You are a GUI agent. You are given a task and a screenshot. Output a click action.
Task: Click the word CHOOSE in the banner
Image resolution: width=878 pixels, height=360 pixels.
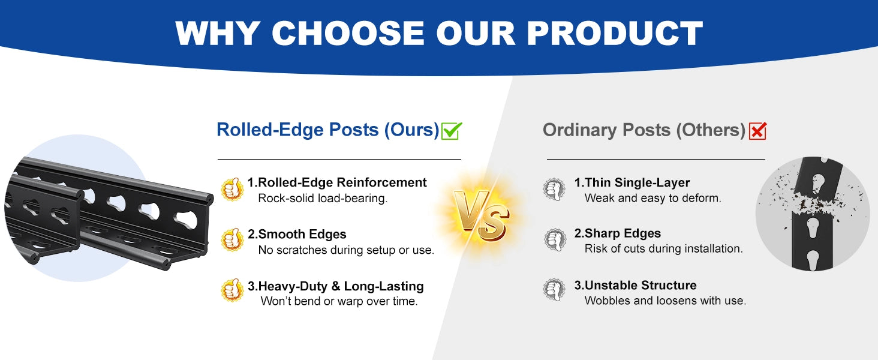(348, 33)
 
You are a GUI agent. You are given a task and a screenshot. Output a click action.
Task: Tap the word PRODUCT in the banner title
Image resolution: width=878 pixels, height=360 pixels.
(615, 33)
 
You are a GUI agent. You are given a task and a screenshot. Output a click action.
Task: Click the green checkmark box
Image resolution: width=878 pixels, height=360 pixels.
(452, 131)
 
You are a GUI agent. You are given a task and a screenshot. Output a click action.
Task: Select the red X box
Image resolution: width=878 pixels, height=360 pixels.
(757, 131)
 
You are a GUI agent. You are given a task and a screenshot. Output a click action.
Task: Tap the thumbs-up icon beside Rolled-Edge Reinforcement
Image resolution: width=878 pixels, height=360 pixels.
(232, 189)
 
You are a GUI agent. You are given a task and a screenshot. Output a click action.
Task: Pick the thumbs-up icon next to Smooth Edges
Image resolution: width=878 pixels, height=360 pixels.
(232, 240)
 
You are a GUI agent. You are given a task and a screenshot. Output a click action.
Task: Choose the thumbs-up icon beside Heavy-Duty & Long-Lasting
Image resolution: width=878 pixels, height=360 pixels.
(232, 290)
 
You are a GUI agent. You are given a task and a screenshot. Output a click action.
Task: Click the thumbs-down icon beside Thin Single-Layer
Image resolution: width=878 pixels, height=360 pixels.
(554, 190)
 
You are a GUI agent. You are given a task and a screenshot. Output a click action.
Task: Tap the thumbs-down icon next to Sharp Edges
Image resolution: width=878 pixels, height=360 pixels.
(555, 239)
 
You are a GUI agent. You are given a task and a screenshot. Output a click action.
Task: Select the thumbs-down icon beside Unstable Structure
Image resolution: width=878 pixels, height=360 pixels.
(554, 290)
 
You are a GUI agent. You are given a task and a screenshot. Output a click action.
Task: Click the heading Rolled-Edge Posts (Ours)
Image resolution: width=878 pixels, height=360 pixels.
(327, 130)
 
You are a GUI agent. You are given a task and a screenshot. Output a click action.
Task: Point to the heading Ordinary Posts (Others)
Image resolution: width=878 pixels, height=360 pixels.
(644, 130)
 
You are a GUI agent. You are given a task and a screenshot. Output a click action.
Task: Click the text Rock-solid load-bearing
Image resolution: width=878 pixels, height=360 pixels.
(323, 199)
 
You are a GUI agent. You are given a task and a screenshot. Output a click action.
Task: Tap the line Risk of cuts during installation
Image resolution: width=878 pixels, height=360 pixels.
(663, 248)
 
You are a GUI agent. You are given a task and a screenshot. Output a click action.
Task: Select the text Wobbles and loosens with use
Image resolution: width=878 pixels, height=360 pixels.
(665, 301)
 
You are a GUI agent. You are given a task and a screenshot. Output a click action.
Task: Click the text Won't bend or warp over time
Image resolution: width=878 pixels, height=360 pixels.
(339, 301)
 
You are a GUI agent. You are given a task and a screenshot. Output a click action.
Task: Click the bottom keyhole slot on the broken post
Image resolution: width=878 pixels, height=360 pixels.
(813, 260)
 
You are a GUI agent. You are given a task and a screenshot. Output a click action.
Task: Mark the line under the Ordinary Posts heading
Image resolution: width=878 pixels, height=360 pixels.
(656, 159)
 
